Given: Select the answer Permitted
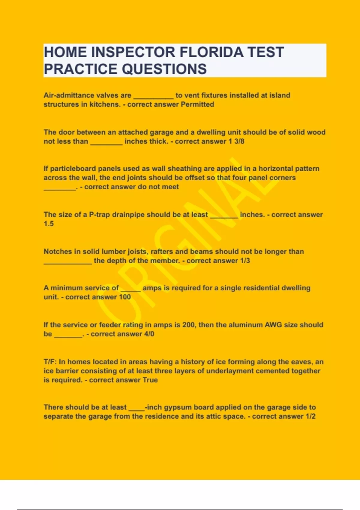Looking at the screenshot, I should click(197, 104).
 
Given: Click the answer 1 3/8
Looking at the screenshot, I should click(236, 141).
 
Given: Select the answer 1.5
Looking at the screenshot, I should click(49, 224).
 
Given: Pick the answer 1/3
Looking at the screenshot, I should click(245, 261).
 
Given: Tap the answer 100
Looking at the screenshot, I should click(125, 297).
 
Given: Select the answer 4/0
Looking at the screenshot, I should click(149, 334).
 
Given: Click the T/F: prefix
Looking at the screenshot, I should click(50, 362).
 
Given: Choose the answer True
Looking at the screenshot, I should click(150, 380).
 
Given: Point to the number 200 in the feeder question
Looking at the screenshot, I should click(188, 325).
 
